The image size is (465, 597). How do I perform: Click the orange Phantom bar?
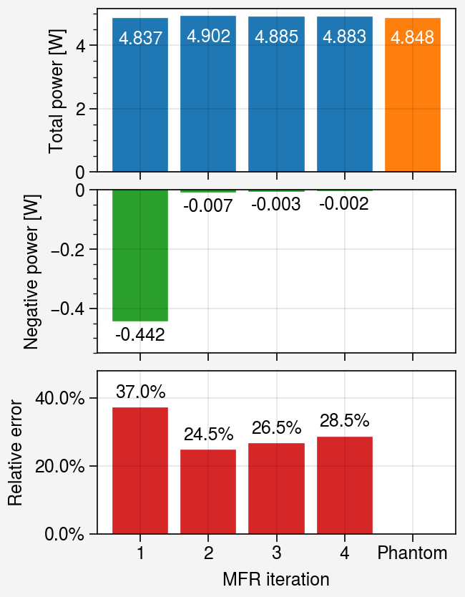(413, 94)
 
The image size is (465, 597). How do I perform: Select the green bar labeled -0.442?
(140, 256)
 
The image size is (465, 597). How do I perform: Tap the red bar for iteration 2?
(208, 492)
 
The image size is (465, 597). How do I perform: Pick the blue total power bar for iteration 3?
(276, 94)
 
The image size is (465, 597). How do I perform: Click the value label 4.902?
(208, 37)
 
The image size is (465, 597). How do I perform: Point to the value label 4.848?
(413, 38)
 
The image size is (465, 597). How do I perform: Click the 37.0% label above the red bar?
(140, 392)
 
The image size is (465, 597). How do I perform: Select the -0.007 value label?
(207, 206)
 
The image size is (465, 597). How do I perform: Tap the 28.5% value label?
(344, 421)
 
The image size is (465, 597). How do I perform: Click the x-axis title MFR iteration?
(276, 580)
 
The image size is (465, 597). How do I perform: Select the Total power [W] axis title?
(56, 91)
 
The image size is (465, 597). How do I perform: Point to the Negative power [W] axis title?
(31, 272)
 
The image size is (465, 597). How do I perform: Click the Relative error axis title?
(15, 452)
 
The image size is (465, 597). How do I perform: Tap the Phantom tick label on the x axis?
(413, 553)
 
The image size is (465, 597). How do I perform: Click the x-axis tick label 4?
(344, 553)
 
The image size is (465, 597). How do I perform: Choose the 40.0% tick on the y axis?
(60, 398)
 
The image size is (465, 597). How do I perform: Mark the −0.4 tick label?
(68, 309)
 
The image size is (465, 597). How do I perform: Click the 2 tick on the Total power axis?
(80, 109)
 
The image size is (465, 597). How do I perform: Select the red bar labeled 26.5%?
(276, 488)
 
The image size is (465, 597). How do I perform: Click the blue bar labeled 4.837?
(140, 94)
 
